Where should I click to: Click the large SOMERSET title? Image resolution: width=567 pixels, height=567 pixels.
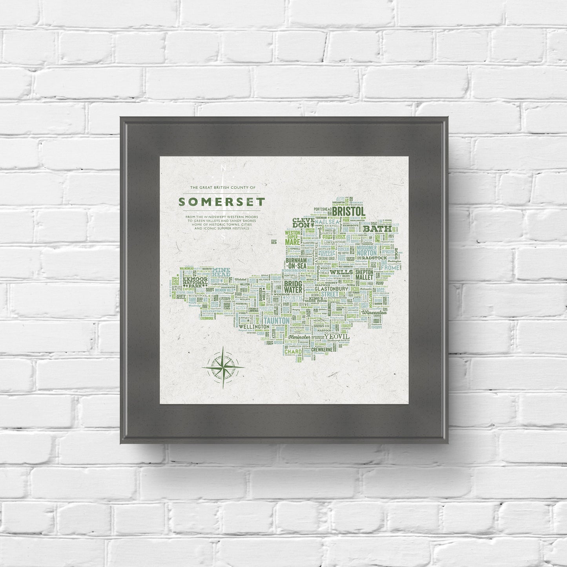tap(222, 202)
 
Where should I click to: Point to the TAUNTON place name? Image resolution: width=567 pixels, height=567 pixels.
tap(277, 321)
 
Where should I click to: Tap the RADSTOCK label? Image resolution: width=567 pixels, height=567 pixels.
tap(375, 258)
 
